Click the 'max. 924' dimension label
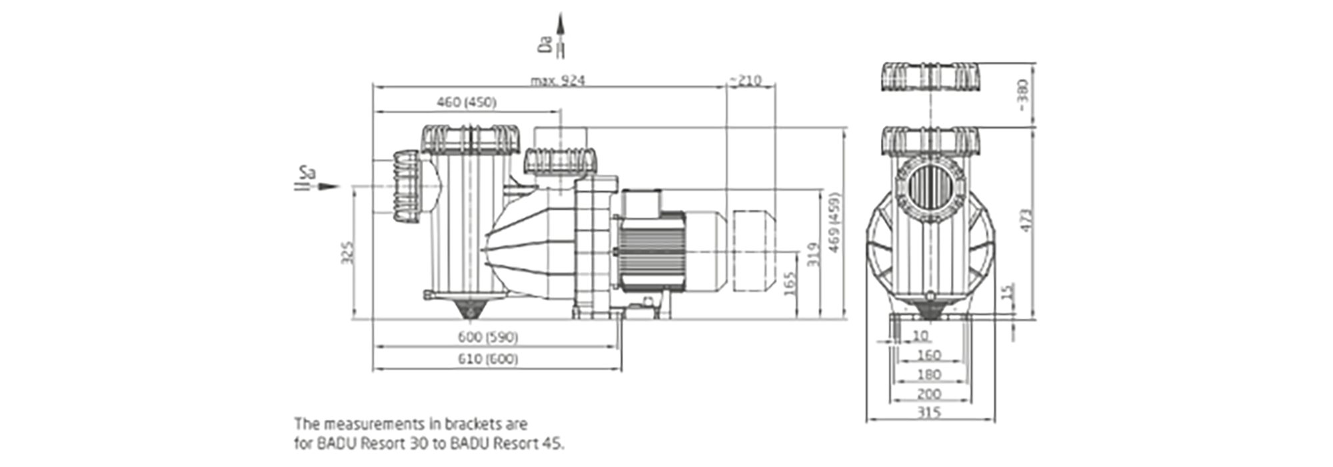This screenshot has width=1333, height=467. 557,81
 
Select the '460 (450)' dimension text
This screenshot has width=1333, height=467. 467,102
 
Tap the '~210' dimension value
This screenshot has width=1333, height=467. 744,81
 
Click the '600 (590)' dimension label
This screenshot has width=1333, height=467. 488,338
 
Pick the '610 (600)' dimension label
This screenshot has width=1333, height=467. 488,360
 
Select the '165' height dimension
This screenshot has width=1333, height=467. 788,285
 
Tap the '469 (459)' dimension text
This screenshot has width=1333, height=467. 834,222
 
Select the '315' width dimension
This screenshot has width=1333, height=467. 928,412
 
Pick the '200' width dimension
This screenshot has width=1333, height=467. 928,394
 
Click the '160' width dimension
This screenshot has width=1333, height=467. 928,356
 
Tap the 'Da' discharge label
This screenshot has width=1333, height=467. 545,45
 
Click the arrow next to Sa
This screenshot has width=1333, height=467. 327,187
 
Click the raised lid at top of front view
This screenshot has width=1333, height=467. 931,76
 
